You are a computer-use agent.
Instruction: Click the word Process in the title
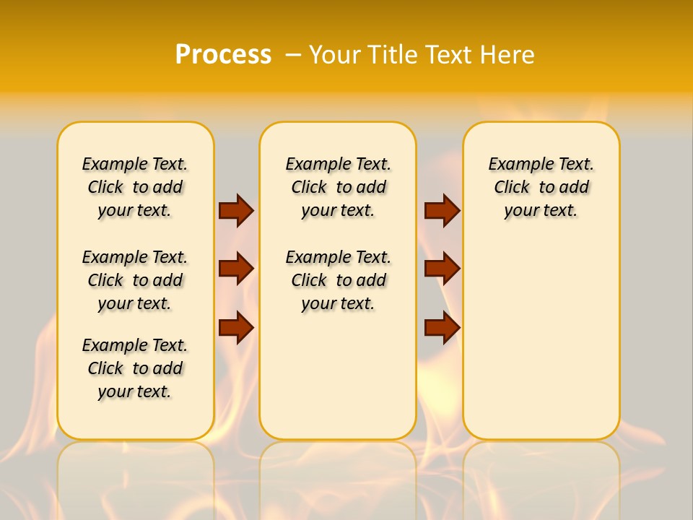coord(223,54)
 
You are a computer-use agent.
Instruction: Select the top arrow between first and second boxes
coord(236,210)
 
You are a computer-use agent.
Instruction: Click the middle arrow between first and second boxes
coord(236,269)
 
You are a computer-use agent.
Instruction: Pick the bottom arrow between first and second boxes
coord(236,327)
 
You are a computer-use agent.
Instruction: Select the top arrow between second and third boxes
coord(442,210)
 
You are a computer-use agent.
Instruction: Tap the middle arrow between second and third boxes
coord(442,269)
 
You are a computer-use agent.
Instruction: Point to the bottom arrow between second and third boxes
coord(442,327)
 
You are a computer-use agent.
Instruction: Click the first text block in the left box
coord(135,187)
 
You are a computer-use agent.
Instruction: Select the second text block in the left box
coord(135,280)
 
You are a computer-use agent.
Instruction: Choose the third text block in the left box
coord(135,368)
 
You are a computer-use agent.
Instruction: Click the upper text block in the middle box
coord(339,187)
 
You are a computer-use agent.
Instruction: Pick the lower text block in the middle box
coord(339,280)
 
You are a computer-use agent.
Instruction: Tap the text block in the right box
coord(541,187)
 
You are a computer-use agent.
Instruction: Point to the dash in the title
coord(293,54)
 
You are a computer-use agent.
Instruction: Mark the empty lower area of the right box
coord(541,339)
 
